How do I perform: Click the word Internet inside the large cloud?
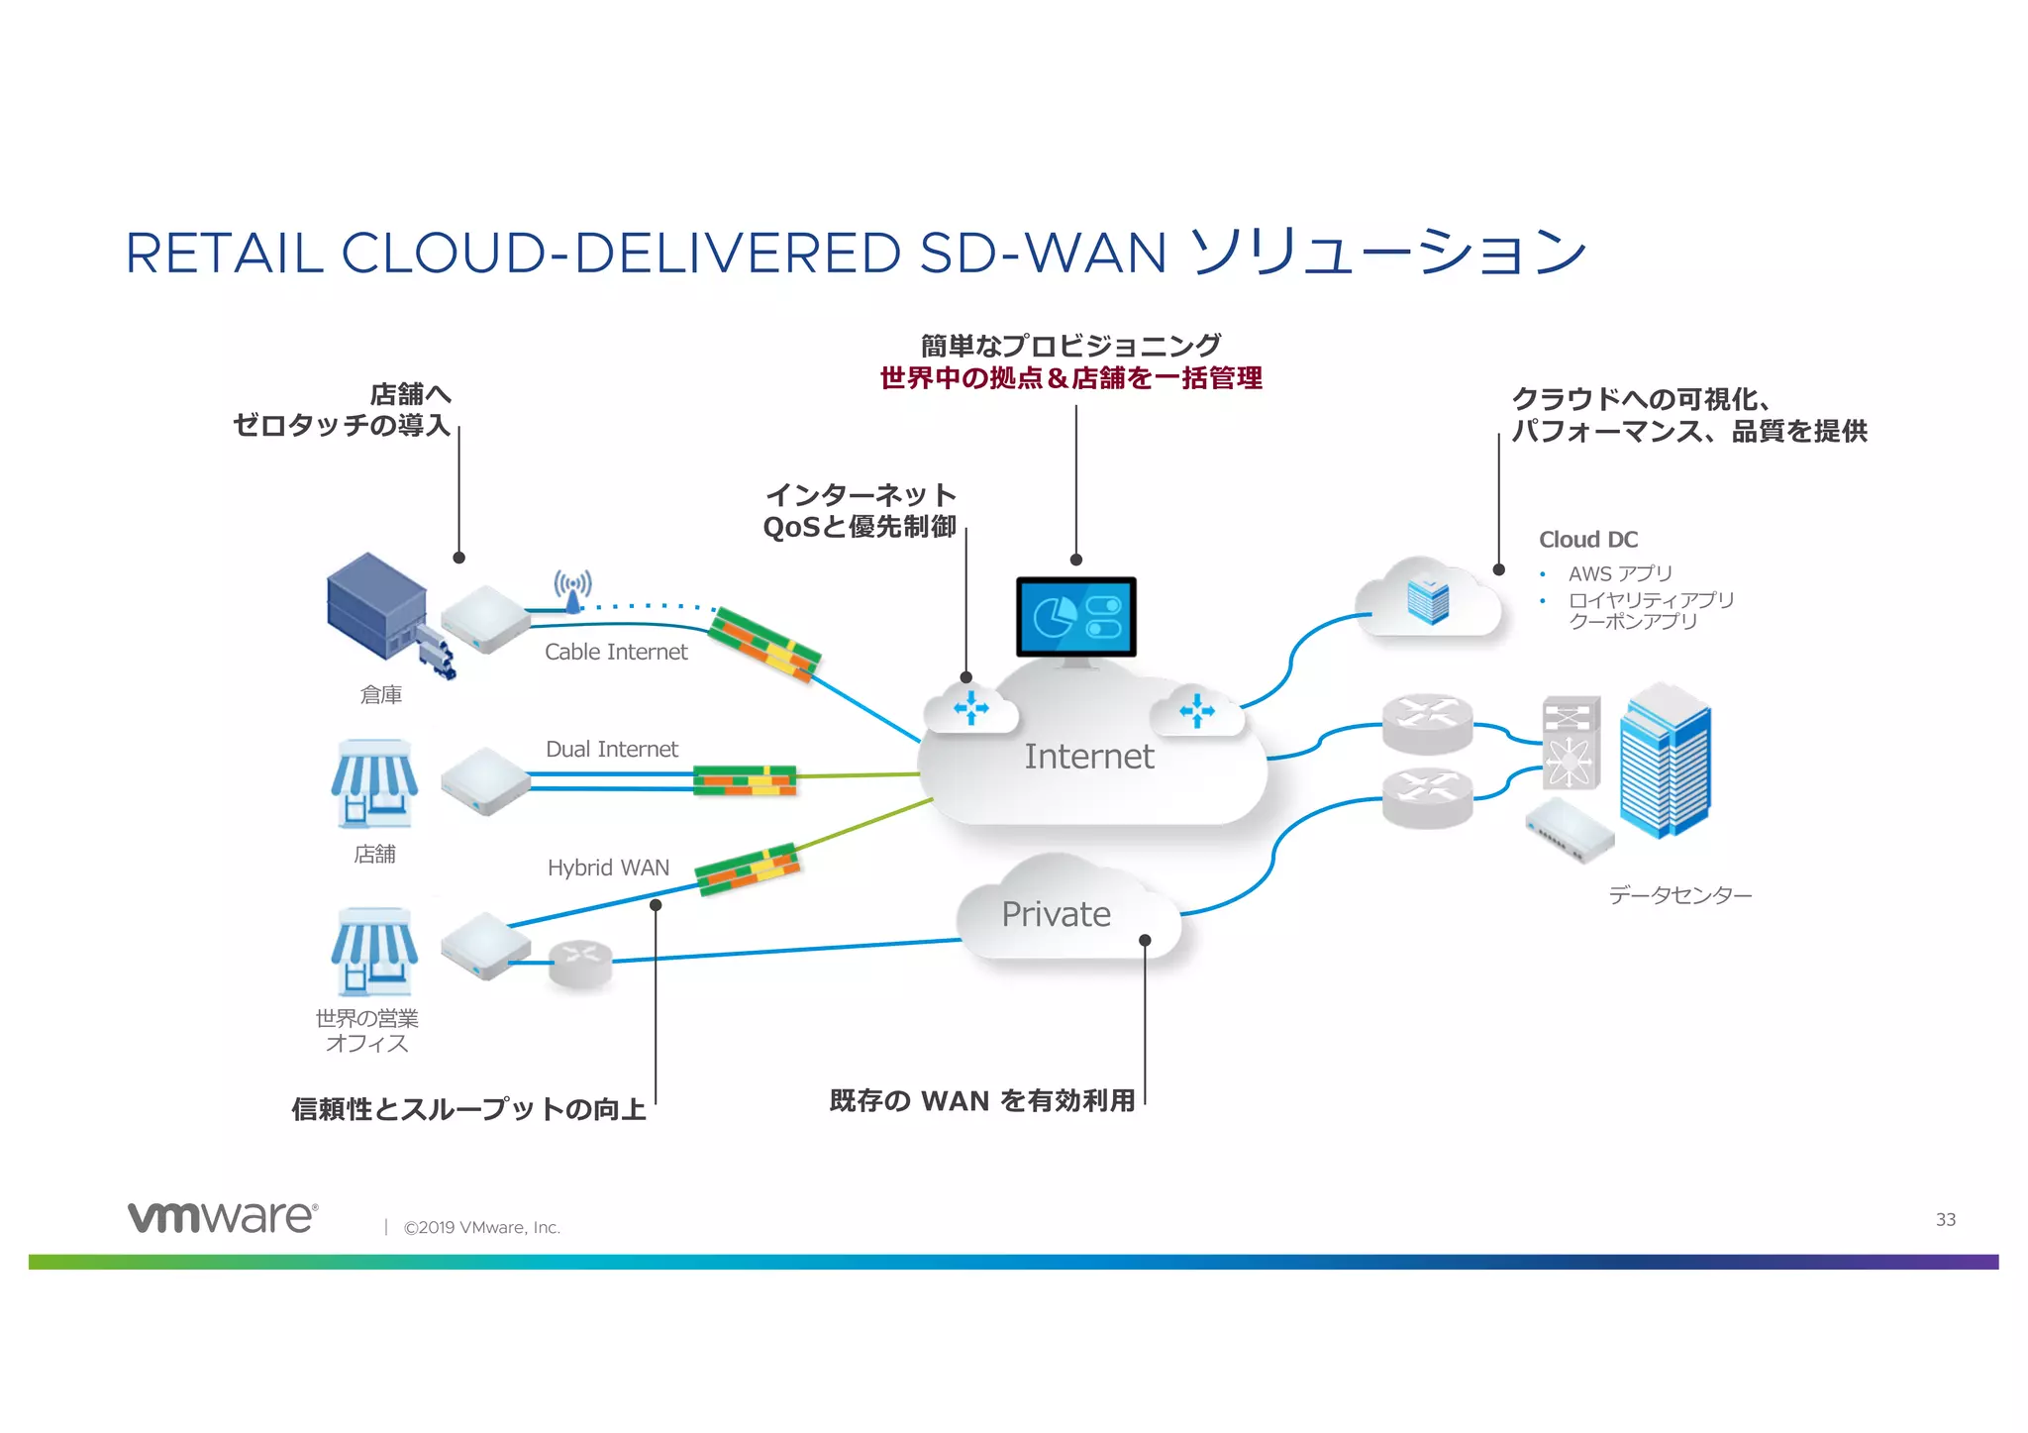tap(1088, 757)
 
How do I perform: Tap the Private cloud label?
tap(1056, 914)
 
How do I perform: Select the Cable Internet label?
tap(615, 652)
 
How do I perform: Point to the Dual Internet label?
tap(611, 750)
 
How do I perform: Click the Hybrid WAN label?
tap(608, 868)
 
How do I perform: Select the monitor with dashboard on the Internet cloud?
tap(1075, 617)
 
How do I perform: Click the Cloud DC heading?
tap(1587, 540)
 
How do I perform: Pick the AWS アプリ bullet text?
tap(1620, 573)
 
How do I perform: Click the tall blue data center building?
tap(1666, 761)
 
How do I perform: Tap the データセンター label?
tap(1679, 895)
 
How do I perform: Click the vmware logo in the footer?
tap(222, 1217)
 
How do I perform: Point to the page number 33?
tap(1945, 1219)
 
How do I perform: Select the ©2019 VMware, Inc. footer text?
tap(481, 1228)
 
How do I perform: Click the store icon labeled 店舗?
tap(373, 783)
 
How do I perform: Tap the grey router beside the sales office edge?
tap(581, 963)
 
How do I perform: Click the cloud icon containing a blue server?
tap(1427, 599)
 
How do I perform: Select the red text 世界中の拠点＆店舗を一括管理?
tap(1070, 378)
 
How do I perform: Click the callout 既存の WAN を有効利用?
tap(981, 1101)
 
